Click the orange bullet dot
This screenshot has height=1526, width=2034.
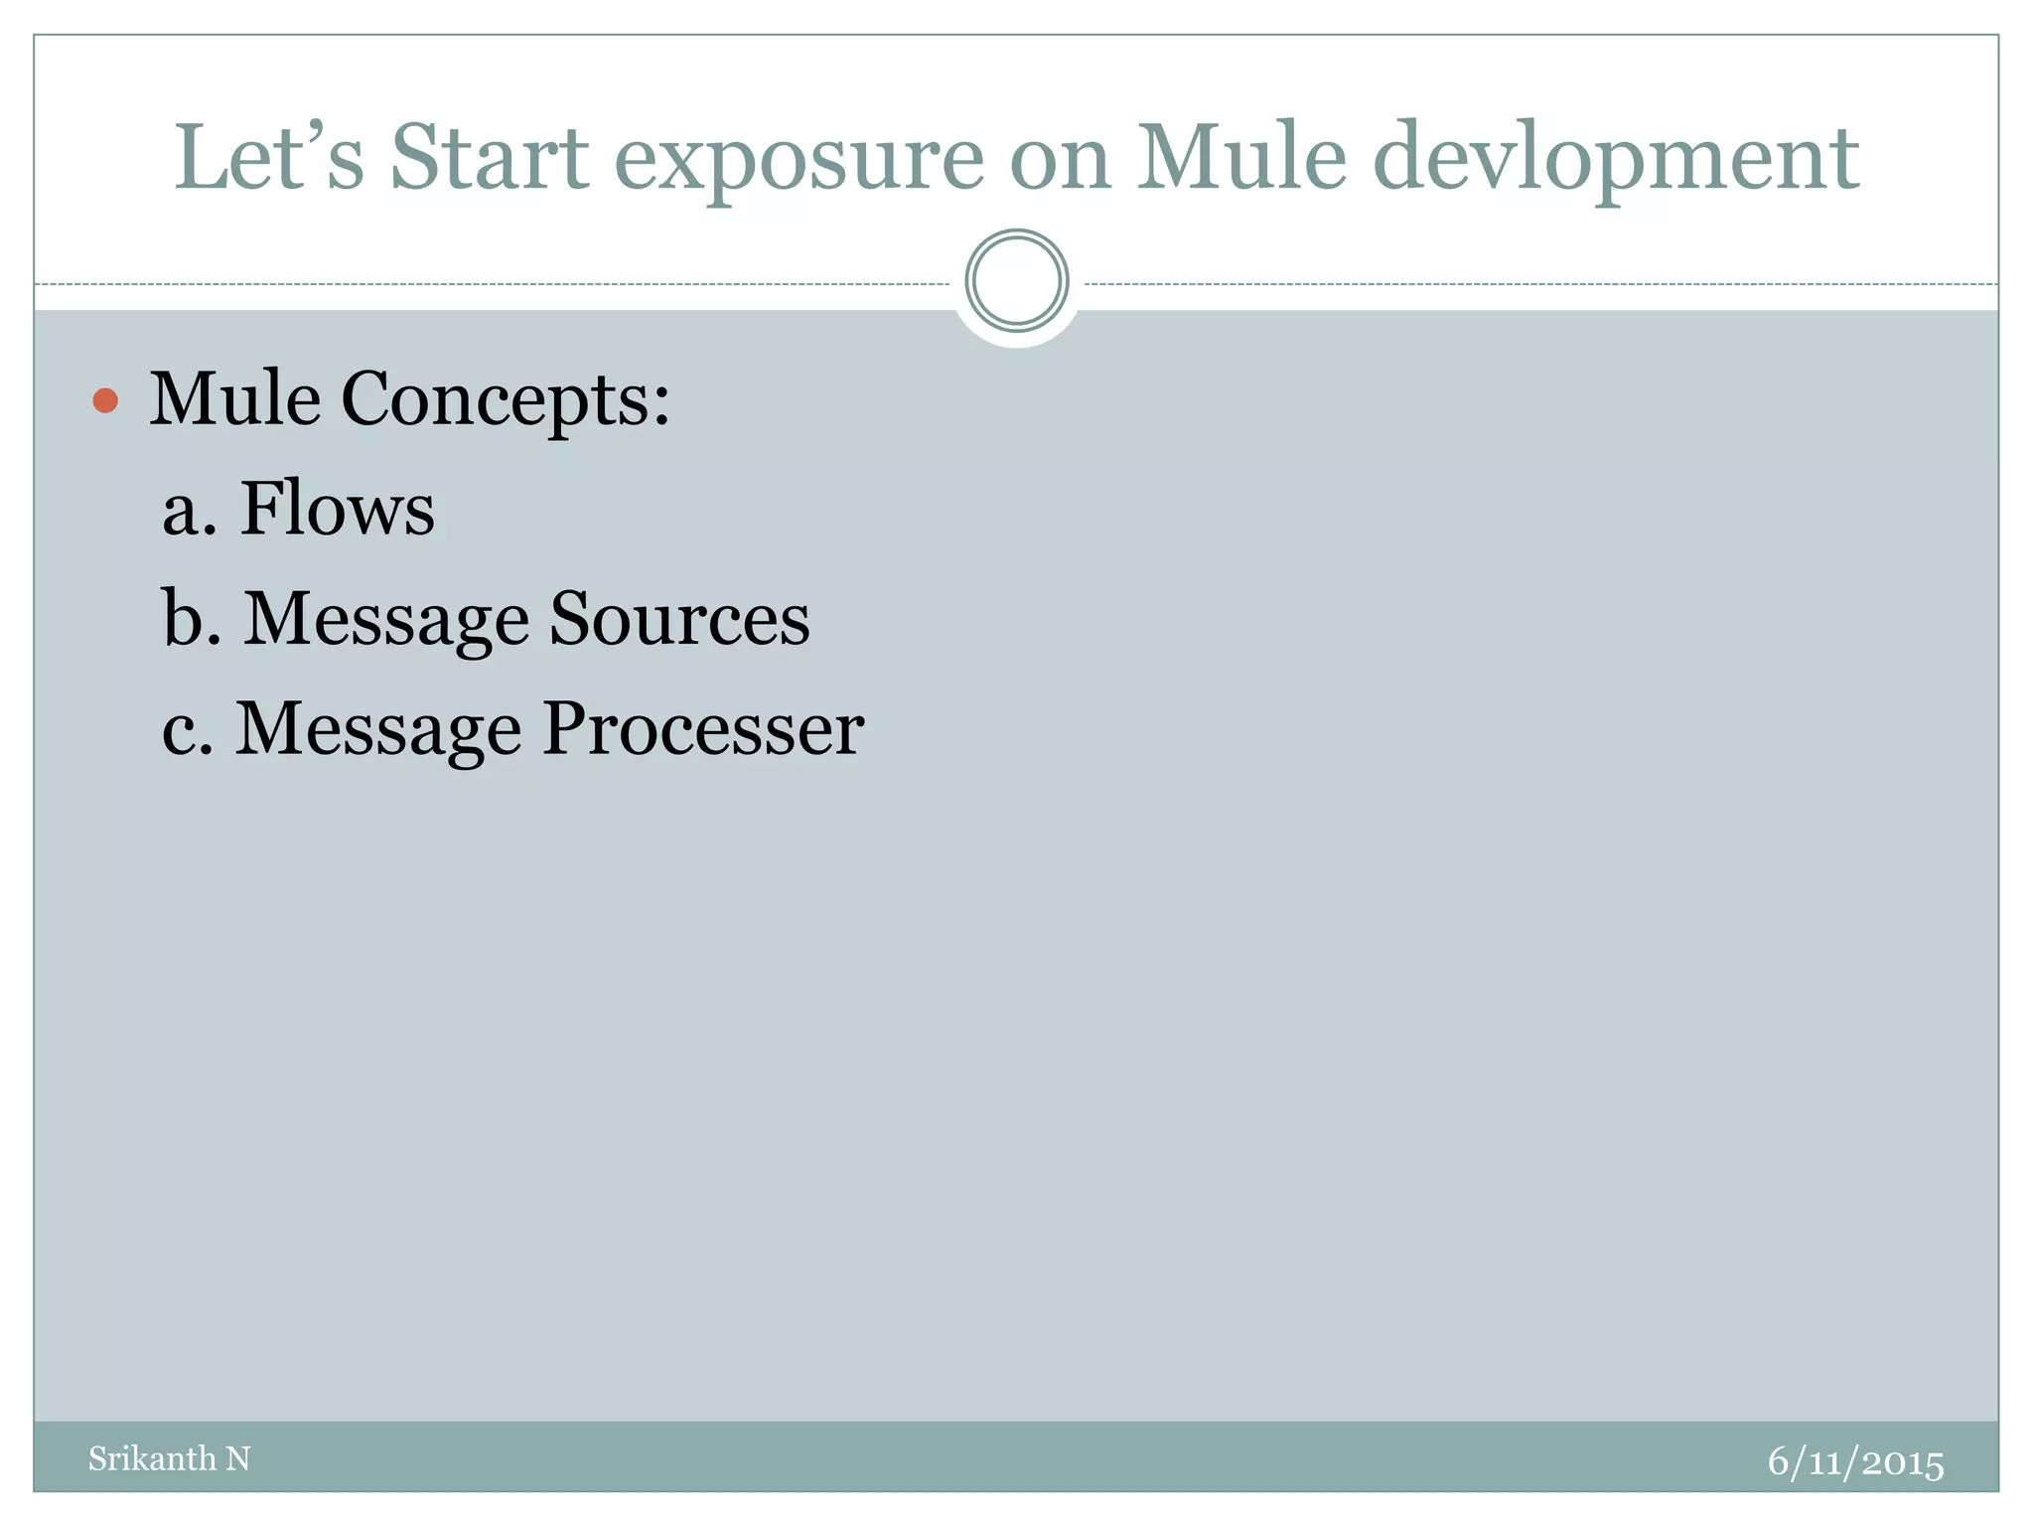pos(105,401)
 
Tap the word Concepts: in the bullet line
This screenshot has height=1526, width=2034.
pos(506,400)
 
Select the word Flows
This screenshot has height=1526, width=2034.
pos(338,508)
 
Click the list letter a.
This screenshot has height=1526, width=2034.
pos(188,511)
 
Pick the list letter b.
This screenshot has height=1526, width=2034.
pos(190,617)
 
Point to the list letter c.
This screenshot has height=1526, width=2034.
pos(186,729)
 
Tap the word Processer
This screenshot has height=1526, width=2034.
pos(703,728)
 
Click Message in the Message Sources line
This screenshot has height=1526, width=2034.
pos(386,620)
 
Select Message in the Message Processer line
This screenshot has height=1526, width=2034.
pos(378,730)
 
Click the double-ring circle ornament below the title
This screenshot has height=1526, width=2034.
pos(1017,281)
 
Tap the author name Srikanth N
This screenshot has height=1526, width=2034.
pos(169,1458)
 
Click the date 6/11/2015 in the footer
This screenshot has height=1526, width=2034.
pos(1855,1462)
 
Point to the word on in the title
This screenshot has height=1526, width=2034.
pos(1060,159)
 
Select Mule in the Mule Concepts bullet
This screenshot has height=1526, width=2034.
pos(235,399)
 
